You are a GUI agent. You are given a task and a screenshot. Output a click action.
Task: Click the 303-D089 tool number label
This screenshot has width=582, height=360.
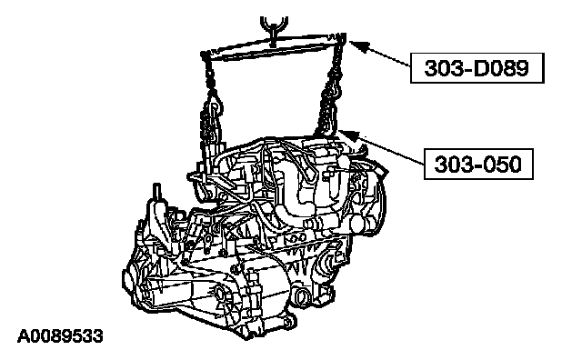[x=477, y=68]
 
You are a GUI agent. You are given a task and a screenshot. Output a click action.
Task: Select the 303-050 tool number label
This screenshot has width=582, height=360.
[x=478, y=164]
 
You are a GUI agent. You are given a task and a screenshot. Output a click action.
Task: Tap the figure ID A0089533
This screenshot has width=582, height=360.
[x=60, y=336]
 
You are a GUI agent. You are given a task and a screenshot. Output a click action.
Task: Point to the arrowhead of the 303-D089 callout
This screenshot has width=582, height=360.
[x=359, y=46]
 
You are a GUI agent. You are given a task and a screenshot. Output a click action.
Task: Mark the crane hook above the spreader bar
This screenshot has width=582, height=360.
[x=274, y=28]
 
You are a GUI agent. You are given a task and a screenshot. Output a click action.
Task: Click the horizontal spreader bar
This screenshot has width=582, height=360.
[x=274, y=46]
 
